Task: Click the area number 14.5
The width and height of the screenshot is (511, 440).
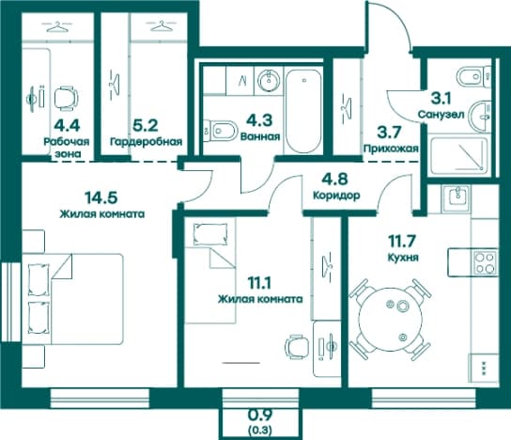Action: [101, 197]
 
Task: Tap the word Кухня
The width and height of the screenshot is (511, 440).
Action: [403, 258]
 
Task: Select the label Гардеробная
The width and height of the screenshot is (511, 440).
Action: [146, 142]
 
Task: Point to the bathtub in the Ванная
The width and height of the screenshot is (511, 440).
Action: [303, 111]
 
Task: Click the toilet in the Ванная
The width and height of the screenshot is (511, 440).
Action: [219, 131]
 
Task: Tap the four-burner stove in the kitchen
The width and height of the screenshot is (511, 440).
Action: [486, 263]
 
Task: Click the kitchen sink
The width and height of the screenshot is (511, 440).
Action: [456, 196]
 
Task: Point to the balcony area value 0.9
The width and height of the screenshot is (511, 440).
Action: [261, 416]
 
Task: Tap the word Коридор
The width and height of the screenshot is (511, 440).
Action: [336, 195]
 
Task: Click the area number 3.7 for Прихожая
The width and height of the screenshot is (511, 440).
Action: [389, 133]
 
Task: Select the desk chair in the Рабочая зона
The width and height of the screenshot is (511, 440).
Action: [66, 98]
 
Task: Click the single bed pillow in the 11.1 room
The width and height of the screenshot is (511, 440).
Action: [209, 234]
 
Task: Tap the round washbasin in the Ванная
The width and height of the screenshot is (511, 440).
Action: [269, 80]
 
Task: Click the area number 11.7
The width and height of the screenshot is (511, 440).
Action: [402, 242]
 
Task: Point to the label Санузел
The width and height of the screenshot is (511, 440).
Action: [441, 115]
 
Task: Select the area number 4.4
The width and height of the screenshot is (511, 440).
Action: [67, 125]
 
